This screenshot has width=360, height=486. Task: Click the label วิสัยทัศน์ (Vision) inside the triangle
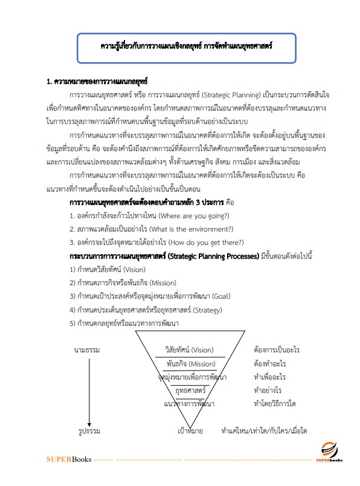pos(189,350)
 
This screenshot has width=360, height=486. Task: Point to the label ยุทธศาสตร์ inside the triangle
pos(189,390)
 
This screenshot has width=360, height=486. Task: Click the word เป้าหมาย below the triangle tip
pos(190,431)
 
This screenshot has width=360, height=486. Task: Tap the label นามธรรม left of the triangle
pos(87,350)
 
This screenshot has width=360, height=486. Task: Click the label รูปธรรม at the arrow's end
pos(88,431)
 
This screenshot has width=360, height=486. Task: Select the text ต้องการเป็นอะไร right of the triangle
pos(277,350)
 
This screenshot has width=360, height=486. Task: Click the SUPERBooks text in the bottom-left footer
pos(69,460)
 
